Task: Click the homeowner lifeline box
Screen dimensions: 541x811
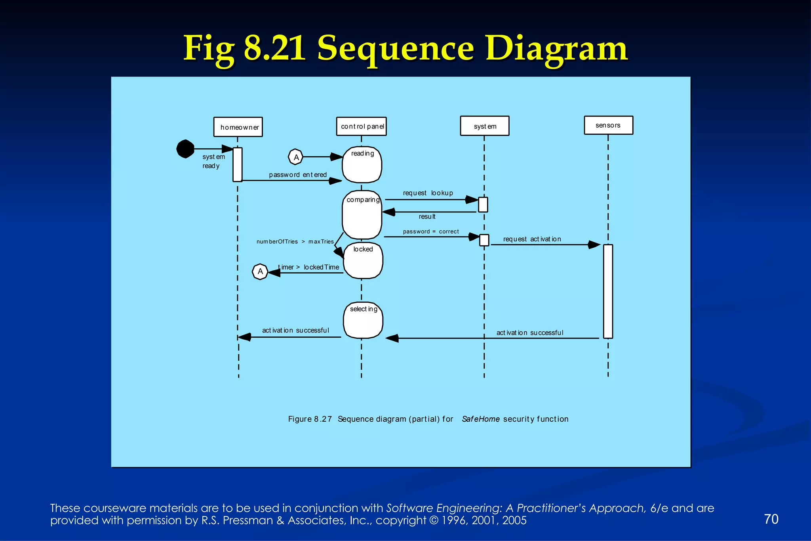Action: (238, 127)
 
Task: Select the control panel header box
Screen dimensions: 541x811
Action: (361, 126)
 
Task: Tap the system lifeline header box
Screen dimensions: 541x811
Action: (485, 126)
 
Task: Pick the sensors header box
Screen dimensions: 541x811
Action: (608, 125)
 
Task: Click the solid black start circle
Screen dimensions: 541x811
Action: (185, 149)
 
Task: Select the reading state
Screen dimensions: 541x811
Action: (362, 165)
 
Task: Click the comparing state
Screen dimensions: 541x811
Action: (362, 215)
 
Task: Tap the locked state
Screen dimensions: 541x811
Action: (363, 260)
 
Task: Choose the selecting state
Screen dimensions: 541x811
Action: (363, 320)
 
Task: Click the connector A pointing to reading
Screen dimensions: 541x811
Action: (296, 157)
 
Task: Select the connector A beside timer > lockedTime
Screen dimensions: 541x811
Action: (260, 271)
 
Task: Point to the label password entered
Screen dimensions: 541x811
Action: (298, 175)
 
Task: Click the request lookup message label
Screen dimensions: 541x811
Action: (428, 193)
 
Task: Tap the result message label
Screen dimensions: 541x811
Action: (427, 217)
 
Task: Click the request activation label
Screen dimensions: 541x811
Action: (532, 239)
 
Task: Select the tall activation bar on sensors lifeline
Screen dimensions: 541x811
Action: (608, 291)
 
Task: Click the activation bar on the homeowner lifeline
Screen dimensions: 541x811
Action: (238, 164)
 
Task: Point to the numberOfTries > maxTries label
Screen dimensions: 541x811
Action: (295, 242)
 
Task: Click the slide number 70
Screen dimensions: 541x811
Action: (771, 519)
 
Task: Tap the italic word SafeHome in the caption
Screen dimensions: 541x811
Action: (480, 419)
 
